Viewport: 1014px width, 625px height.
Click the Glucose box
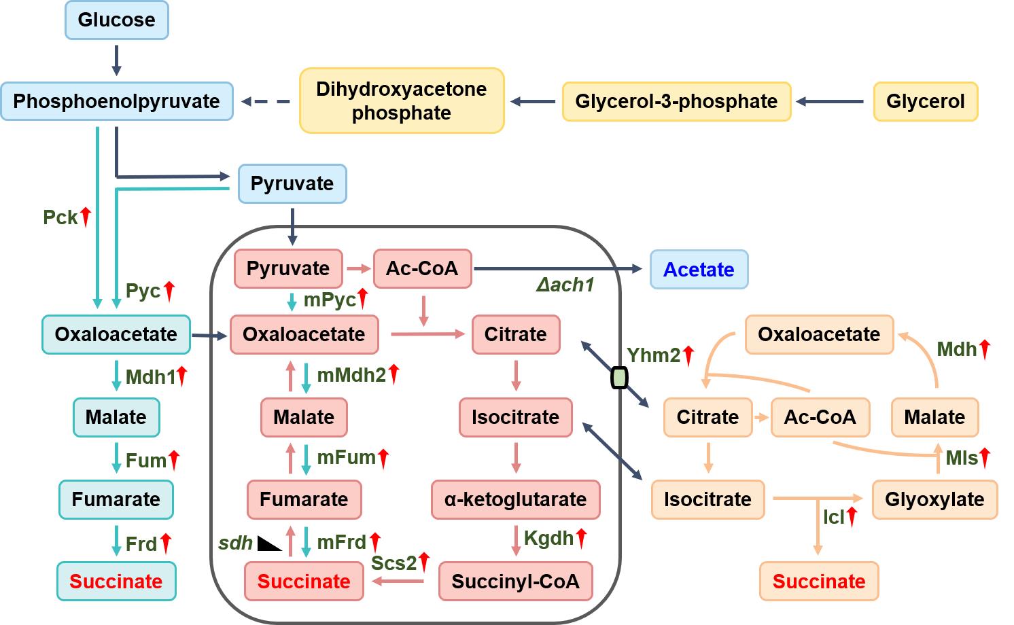[116, 20]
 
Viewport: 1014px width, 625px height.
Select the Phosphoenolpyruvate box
[117, 101]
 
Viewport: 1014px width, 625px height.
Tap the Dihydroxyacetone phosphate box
[402, 101]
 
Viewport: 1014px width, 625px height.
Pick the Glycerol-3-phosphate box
[676, 101]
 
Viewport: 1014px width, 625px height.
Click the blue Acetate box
[699, 269]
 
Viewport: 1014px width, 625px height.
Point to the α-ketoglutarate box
[515, 499]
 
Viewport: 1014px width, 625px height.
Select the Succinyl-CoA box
[515, 582]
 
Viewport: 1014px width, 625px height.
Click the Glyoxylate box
[934, 499]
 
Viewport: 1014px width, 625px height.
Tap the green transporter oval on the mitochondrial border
[619, 377]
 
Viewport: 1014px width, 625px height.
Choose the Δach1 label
[565, 285]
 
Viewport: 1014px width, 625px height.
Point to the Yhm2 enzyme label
[653, 355]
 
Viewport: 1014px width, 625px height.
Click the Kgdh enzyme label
[548, 538]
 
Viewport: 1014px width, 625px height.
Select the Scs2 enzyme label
[394, 562]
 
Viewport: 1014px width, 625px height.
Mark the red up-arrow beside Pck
[86, 217]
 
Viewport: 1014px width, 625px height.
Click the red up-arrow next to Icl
[852, 516]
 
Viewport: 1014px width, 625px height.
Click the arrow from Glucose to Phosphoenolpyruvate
[116, 60]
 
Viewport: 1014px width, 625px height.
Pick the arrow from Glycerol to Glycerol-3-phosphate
[831, 102]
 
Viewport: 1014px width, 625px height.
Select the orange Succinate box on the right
[819, 582]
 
